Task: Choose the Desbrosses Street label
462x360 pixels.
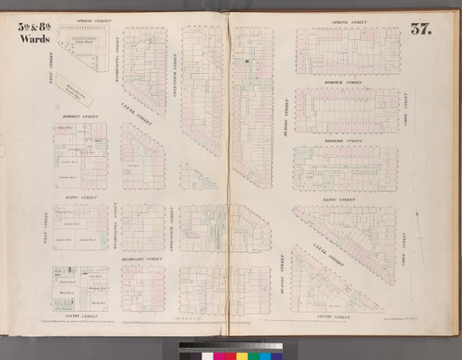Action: [x=140, y=261]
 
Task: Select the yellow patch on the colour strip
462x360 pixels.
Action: [x=241, y=352]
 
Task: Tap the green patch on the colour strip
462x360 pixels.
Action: [x=230, y=352]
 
